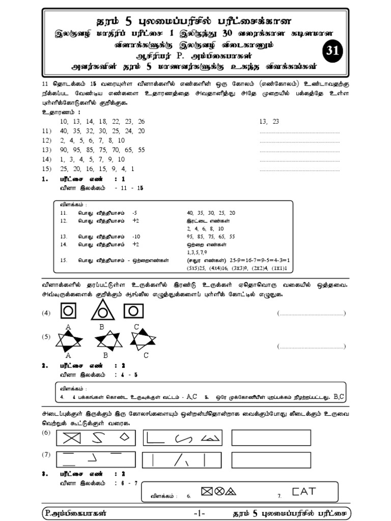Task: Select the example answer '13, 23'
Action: [x=269, y=122]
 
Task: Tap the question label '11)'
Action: [x=46, y=131]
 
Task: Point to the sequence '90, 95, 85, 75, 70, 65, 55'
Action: [x=102, y=150]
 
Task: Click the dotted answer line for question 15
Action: [x=299, y=169]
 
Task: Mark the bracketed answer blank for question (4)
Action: [x=312, y=313]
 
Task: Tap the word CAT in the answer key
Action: [x=304, y=491]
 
